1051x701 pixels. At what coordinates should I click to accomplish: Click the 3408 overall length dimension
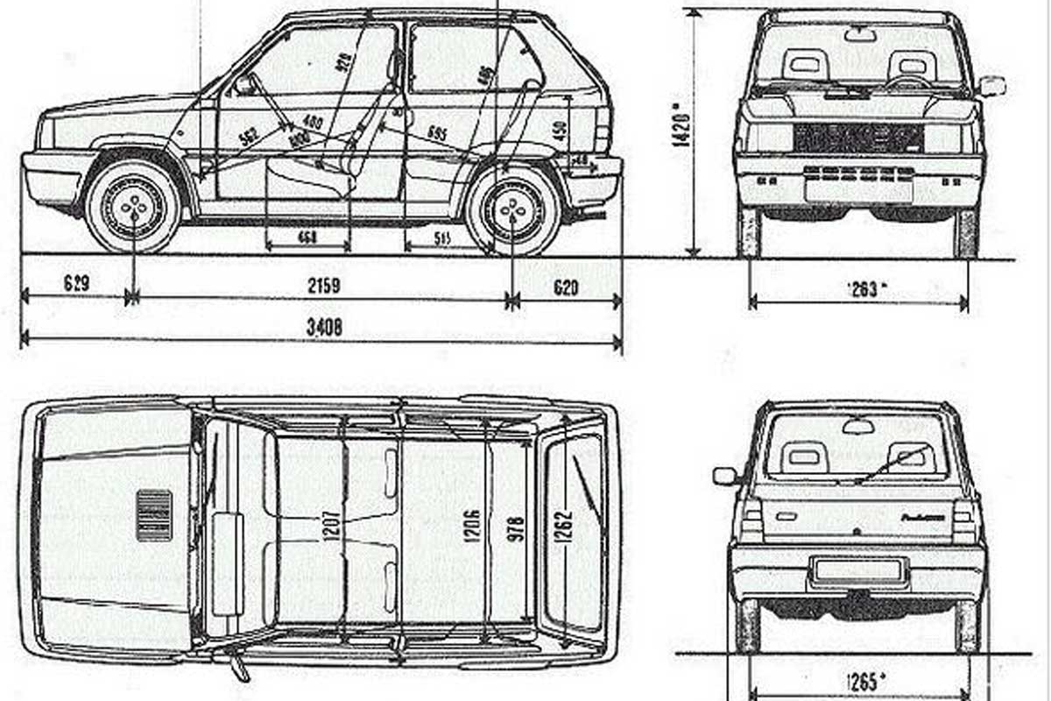(x=324, y=327)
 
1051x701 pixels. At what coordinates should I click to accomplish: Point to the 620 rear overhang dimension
(x=566, y=286)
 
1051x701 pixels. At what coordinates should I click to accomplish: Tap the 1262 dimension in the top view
(x=563, y=528)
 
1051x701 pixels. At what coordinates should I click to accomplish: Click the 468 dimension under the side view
(x=307, y=237)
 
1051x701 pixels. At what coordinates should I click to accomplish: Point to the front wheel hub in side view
(x=134, y=207)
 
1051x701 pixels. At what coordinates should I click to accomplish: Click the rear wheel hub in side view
(x=513, y=209)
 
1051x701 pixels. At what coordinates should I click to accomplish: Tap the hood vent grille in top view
(x=153, y=514)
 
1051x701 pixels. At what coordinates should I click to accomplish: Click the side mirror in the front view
(x=992, y=86)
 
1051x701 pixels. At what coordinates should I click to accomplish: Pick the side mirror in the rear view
(x=726, y=476)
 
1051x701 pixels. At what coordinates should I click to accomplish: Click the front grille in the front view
(x=858, y=138)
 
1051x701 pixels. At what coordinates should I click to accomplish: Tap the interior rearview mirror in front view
(x=860, y=35)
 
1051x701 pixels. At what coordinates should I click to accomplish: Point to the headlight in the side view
(x=45, y=133)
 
